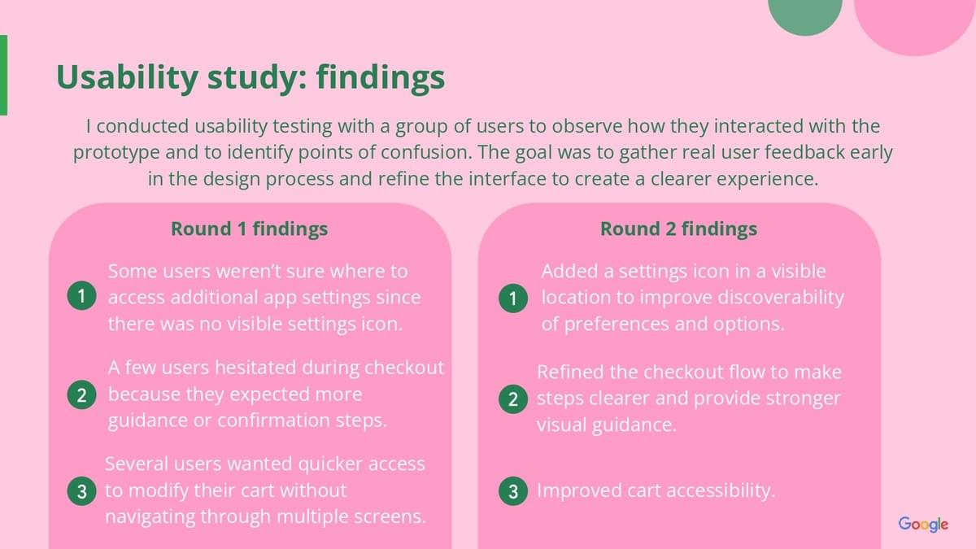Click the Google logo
[923, 524]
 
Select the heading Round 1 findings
[249, 229]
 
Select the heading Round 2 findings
[679, 229]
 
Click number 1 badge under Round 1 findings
[82, 296]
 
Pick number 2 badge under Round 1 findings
[82, 394]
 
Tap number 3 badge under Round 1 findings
[82, 491]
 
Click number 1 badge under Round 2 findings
[513, 298]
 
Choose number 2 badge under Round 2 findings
[513, 399]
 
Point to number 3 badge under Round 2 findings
[513, 491]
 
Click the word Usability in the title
[127, 77]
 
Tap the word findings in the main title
[381, 77]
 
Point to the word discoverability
[781, 298]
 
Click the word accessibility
[721, 491]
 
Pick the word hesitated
[255, 368]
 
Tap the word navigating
[150, 517]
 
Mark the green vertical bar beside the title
[3, 75]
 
